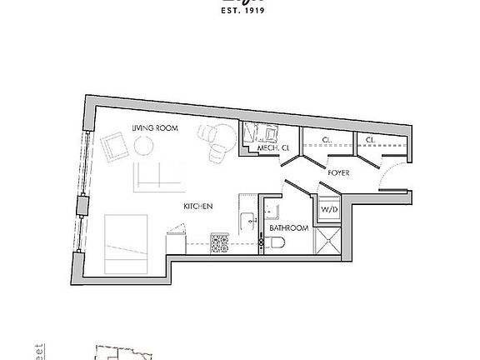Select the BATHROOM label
click(x=289, y=227)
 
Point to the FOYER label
click(x=338, y=172)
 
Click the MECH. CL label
click(x=272, y=148)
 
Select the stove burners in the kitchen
click(x=220, y=243)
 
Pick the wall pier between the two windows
click(x=82, y=205)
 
